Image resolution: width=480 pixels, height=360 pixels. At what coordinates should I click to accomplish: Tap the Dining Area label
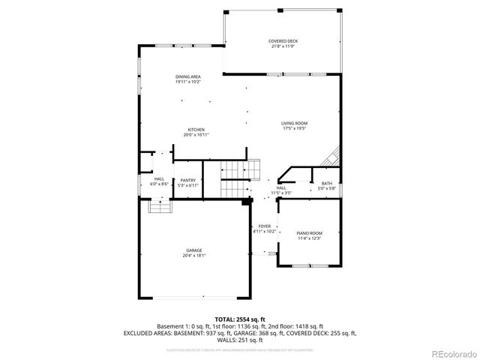[x=187, y=76]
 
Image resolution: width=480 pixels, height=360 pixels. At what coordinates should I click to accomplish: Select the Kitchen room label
[x=196, y=130]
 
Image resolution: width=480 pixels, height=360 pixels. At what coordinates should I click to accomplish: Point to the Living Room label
[x=294, y=123]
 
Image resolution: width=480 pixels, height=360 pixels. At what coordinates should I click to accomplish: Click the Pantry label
[x=187, y=181]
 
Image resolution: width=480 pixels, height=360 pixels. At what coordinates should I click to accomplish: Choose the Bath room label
[x=326, y=184]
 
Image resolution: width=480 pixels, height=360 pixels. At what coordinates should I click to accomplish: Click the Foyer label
[x=264, y=226]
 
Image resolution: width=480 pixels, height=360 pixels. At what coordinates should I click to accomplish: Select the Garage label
[x=193, y=250]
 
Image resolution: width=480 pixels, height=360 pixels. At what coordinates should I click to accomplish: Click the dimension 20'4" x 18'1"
[x=193, y=256]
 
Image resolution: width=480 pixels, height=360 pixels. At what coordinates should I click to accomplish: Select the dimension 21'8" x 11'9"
[x=283, y=46]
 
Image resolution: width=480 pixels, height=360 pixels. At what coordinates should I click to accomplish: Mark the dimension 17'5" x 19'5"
[x=294, y=128]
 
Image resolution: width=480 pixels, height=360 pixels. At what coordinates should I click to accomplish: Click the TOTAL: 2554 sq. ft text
[x=239, y=319]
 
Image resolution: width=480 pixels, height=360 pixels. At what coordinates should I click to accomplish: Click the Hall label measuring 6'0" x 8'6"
[x=159, y=178]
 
